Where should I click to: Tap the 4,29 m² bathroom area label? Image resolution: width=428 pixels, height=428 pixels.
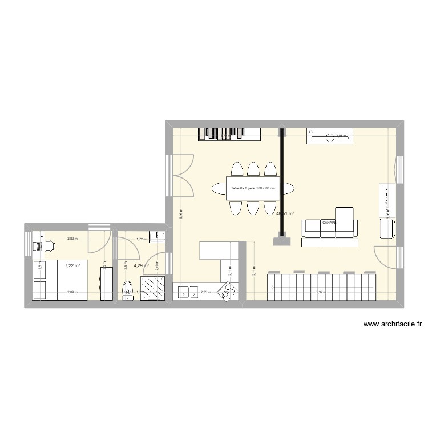141,265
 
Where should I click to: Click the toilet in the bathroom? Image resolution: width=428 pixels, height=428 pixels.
127,289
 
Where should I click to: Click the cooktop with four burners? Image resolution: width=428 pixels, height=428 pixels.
230,292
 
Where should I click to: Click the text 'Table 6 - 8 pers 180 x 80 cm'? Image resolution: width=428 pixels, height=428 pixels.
252,189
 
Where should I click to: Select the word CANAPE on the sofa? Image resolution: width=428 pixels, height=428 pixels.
329,223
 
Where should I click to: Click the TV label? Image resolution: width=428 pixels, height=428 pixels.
311,132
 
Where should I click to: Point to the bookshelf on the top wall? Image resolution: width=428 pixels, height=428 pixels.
229,134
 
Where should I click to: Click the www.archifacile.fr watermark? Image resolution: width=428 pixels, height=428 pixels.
393,325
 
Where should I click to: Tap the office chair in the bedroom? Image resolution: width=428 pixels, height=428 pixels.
47,246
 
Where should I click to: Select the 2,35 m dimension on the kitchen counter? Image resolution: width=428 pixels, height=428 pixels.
205,293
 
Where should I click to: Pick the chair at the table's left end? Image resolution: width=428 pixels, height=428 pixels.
218,187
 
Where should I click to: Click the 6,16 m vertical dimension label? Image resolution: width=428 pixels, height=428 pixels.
180,214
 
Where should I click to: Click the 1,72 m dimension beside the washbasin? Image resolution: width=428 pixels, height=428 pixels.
141,240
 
